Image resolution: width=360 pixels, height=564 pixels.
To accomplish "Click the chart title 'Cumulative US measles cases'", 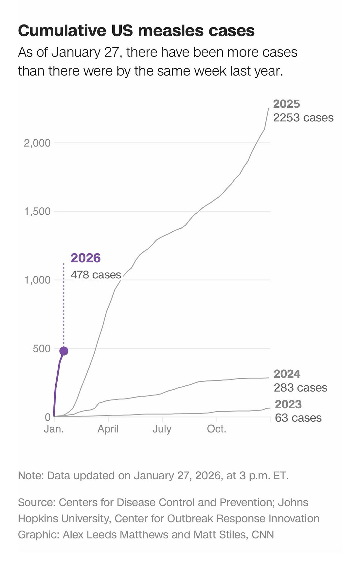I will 136,31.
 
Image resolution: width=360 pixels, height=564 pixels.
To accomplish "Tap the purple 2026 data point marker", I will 64,351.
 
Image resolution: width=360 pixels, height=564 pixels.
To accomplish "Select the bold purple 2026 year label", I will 86,258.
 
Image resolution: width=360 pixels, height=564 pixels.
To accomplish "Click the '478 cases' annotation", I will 96,275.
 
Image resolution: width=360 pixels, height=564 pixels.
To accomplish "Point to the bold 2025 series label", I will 286,104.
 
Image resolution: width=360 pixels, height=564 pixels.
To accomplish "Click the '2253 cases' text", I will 303,118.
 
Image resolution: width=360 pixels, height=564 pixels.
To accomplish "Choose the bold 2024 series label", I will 287,374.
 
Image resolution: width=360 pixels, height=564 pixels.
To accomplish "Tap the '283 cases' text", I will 300,388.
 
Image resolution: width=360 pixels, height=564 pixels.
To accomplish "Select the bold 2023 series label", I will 288,404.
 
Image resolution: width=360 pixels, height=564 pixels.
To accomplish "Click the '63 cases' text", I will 298,418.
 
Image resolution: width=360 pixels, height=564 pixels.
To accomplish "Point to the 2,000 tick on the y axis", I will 37,143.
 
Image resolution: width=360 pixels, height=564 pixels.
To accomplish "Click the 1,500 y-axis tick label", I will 37,212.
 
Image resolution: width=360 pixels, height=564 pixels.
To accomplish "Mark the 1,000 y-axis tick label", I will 37,280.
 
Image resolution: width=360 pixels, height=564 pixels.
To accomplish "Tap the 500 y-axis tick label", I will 42,349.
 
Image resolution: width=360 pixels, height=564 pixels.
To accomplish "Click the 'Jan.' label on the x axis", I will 54,429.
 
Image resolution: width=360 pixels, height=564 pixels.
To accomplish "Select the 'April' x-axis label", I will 108,429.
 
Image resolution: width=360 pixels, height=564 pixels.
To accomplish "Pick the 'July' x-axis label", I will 162,429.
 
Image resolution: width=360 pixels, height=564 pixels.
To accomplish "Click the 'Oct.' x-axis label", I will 216,429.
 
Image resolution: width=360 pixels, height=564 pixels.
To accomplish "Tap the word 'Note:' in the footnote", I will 31,475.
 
